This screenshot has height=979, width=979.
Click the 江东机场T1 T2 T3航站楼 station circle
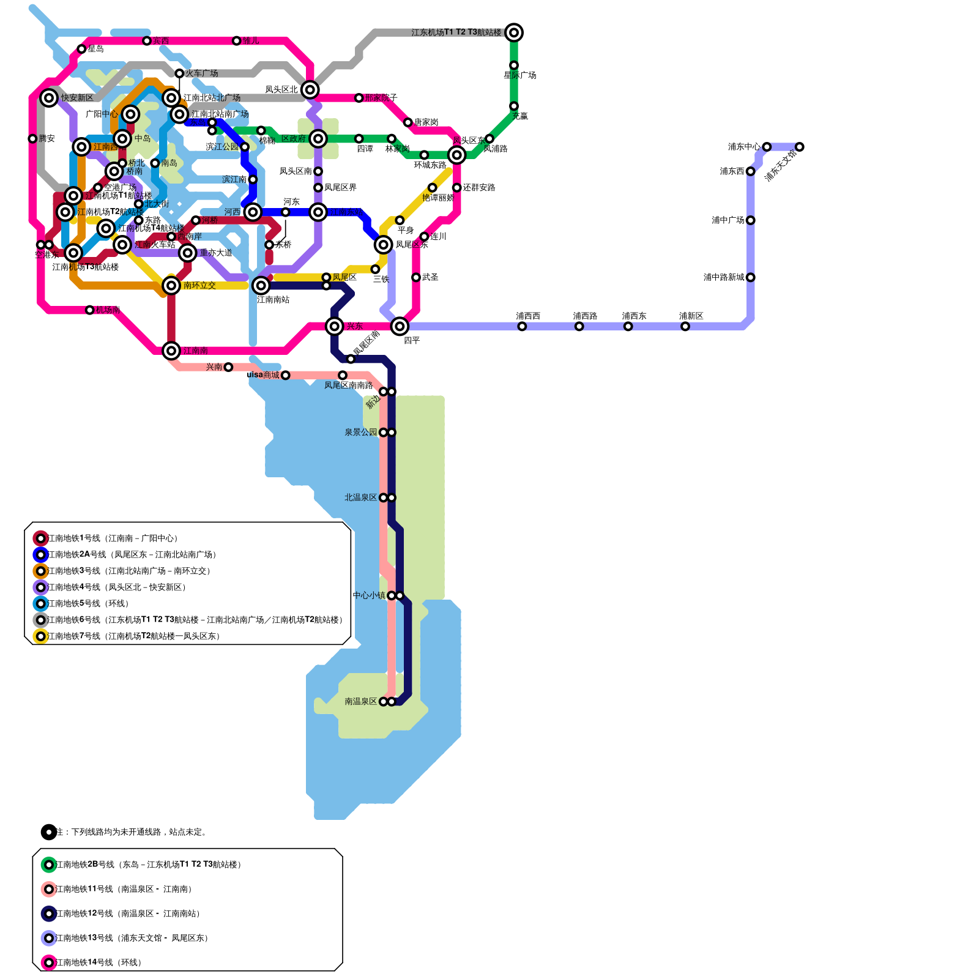514,32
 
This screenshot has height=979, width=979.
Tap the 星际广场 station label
519,75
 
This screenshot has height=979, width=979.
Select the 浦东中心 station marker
767,147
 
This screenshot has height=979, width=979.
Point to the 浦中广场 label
728,220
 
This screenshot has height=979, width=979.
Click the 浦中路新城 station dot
750,277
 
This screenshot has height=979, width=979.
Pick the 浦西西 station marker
522,326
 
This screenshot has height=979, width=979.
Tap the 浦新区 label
691,316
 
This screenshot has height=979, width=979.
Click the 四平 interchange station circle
400,326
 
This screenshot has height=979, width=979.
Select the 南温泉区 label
360,701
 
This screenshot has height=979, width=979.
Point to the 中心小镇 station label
369,595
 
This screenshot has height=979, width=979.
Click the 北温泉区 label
360,497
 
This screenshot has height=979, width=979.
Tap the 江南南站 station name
273,299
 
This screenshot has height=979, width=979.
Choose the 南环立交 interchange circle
171,285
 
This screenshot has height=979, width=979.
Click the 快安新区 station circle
49,98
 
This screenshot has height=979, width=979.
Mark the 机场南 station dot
90,310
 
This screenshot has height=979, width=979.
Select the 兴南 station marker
228,367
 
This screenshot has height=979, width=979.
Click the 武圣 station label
430,277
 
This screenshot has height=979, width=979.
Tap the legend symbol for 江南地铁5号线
41,604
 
